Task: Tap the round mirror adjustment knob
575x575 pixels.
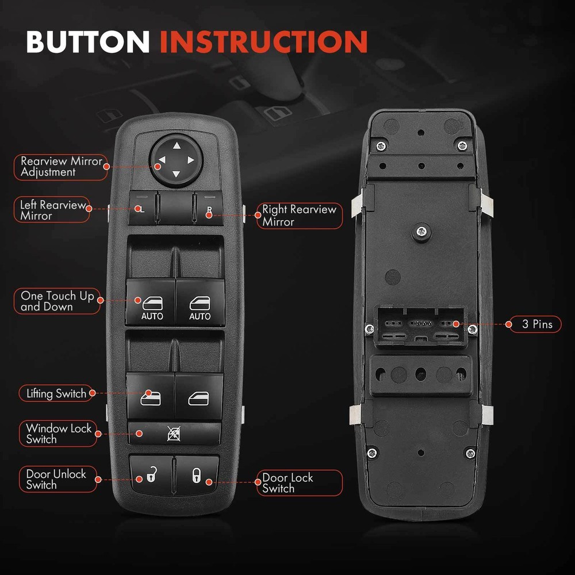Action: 175,160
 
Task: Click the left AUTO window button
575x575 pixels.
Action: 151,302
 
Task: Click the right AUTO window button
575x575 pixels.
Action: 200,302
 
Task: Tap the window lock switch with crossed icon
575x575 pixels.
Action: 174,433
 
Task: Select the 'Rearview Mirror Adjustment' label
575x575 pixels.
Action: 60,166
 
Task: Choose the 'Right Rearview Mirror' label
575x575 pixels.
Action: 299,216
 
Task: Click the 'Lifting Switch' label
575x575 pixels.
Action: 56,393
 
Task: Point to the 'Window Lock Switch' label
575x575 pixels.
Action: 57,434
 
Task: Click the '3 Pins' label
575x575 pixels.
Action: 536,324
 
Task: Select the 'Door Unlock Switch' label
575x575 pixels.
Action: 55,480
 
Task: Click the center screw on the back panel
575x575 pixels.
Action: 423,232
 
